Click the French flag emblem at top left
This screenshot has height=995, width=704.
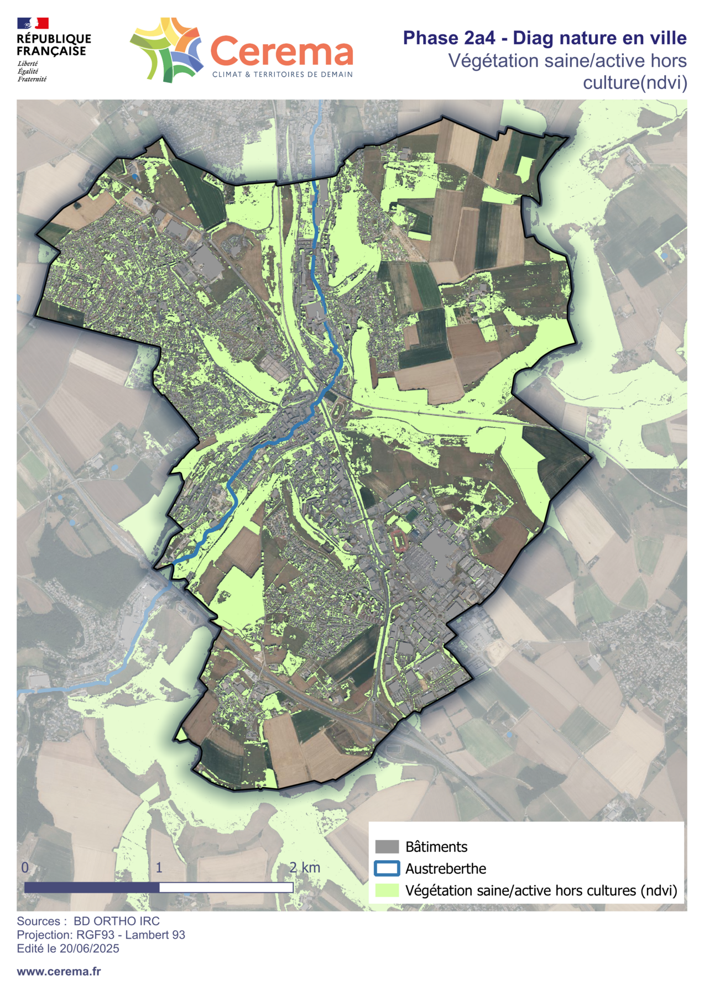point(33,23)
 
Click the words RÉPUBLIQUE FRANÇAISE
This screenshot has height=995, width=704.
point(54,45)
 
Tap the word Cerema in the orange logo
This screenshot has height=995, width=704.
point(281,52)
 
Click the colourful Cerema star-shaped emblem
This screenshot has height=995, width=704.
point(166,49)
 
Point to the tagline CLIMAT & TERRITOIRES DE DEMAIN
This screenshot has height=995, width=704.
point(282,75)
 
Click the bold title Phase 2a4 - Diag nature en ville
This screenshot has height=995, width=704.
point(544,38)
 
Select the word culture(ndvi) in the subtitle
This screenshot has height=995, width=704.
point(634,83)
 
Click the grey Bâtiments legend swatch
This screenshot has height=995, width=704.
point(387,846)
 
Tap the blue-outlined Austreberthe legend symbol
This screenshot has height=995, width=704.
point(387,868)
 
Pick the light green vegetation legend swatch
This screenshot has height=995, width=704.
point(387,891)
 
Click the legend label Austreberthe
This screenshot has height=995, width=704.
point(445,868)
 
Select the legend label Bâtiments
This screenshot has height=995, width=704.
point(436,846)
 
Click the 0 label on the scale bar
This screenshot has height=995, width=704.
point(25,867)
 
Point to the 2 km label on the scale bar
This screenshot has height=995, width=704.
point(305,867)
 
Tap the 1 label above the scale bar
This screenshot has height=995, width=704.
point(159,867)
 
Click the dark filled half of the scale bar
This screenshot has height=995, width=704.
point(92,887)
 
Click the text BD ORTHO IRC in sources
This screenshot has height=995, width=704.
point(116,921)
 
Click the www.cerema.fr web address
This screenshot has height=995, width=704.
point(59,971)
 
